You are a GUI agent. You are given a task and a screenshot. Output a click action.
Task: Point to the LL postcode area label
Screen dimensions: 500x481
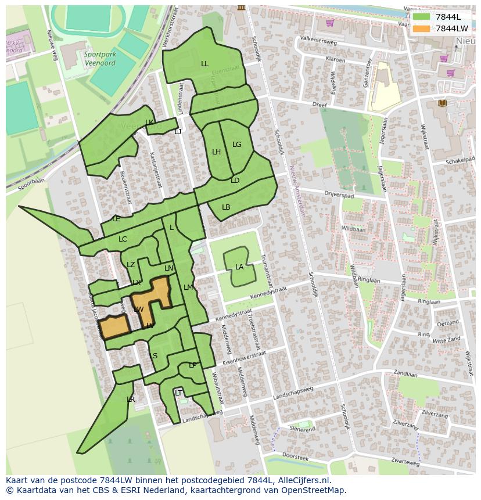click(x=204, y=64)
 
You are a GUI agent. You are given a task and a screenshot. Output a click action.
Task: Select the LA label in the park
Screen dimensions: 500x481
click(x=239, y=267)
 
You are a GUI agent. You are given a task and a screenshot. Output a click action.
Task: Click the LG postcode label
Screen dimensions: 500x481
click(x=236, y=145)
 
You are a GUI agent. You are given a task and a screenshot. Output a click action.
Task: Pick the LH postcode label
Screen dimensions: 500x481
click(x=216, y=152)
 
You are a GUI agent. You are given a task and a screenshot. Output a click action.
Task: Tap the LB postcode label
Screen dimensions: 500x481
click(x=226, y=207)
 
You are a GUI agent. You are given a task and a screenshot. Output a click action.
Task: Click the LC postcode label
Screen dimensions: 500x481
click(x=123, y=239)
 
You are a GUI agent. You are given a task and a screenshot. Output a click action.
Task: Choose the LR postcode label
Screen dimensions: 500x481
click(x=131, y=400)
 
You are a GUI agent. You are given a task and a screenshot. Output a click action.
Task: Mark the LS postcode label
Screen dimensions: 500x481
click(x=153, y=356)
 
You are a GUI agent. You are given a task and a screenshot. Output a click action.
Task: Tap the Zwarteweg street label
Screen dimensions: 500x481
click(x=404, y=463)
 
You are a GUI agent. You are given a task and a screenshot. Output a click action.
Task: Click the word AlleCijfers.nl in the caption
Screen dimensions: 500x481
click(x=301, y=480)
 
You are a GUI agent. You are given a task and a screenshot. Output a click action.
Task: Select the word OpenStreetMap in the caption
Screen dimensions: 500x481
click(x=315, y=490)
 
